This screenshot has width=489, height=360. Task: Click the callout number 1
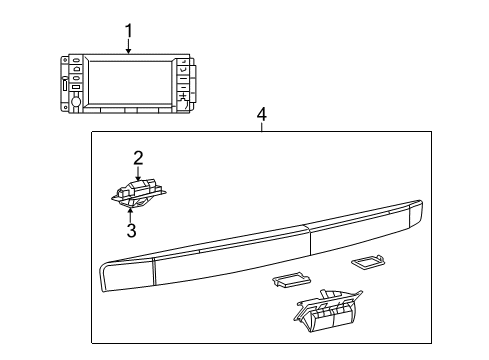point(127,31)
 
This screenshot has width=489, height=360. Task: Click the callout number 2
point(138,157)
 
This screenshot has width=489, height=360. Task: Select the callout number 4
point(261,116)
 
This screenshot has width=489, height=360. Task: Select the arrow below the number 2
point(138,173)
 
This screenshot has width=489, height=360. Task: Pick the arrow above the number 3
point(131,211)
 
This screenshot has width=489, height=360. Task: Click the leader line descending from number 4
point(261,128)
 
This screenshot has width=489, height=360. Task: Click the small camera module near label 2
point(138,191)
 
